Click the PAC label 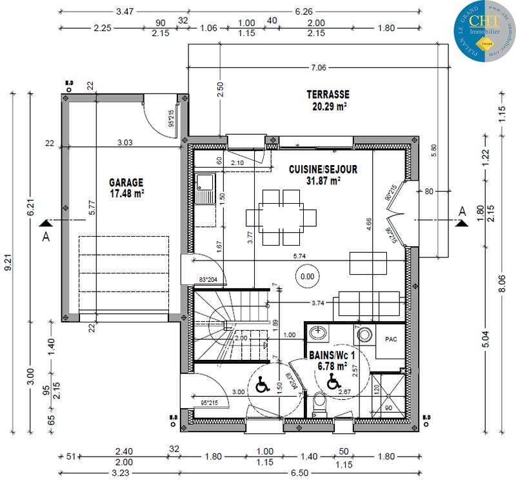point(391,339)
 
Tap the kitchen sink point(206,188)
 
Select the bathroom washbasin point(317,334)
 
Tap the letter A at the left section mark point(45,236)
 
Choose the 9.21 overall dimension point(8,266)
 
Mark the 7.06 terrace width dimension point(319,67)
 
